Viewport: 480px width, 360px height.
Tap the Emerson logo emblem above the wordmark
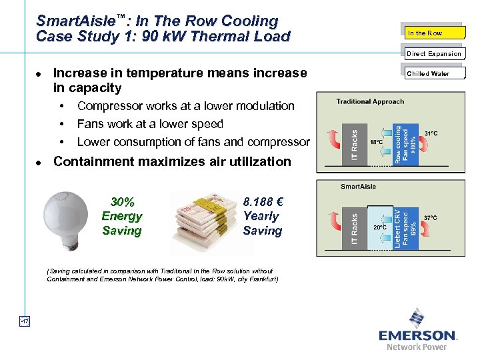[x=417, y=318]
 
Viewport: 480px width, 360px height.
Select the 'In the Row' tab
[x=434, y=33]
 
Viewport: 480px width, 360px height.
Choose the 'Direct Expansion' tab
[x=434, y=53]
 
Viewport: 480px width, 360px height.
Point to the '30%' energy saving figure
[x=122, y=201]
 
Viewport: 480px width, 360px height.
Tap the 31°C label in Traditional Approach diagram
[x=431, y=133]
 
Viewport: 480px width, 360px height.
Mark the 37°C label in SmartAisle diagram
[x=431, y=217]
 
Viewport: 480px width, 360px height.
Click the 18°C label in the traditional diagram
[x=377, y=142]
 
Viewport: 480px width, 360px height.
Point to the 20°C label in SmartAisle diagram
[x=379, y=227]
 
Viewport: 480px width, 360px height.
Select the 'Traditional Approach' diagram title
[x=370, y=101]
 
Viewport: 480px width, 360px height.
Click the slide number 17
[x=25, y=322]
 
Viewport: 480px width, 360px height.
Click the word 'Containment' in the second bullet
[x=94, y=161]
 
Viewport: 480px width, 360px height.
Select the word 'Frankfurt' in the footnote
[x=263, y=279]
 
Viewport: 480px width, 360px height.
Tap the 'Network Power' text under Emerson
[x=417, y=347]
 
